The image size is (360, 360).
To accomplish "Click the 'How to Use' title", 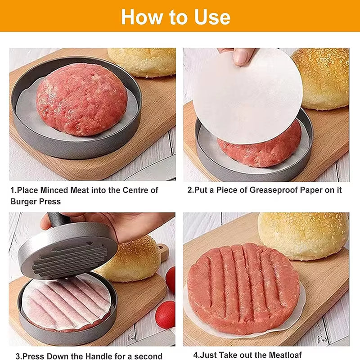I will pyautogui.click(x=175, y=17).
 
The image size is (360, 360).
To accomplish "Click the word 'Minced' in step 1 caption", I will pyautogui.click(x=52, y=190).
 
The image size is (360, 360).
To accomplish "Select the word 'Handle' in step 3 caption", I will pyautogui.click(x=100, y=356).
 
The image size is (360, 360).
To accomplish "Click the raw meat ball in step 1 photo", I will pyautogui.click(x=81, y=99).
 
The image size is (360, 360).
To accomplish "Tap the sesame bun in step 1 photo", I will pyautogui.click(x=142, y=62).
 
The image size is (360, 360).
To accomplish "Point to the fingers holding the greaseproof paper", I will pyautogui.click(x=238, y=55).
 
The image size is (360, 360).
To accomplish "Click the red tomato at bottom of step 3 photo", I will pyautogui.click(x=165, y=315).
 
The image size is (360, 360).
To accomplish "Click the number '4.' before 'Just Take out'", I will pyautogui.click(x=197, y=355).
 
